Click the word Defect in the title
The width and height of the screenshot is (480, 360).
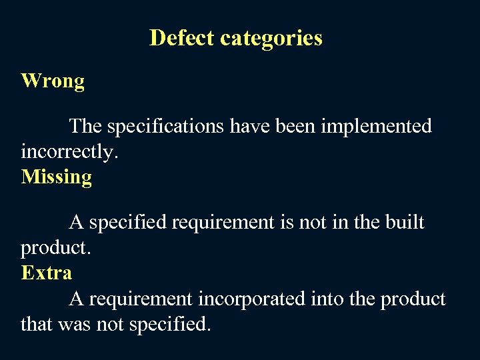182,37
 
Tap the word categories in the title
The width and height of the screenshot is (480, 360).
271,39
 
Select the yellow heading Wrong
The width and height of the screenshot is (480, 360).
53,82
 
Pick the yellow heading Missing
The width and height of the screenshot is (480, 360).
57,177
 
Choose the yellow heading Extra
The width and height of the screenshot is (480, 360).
47,273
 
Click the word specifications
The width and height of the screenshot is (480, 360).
164,127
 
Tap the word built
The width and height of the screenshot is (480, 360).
405,222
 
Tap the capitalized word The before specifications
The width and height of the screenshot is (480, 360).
85,126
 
